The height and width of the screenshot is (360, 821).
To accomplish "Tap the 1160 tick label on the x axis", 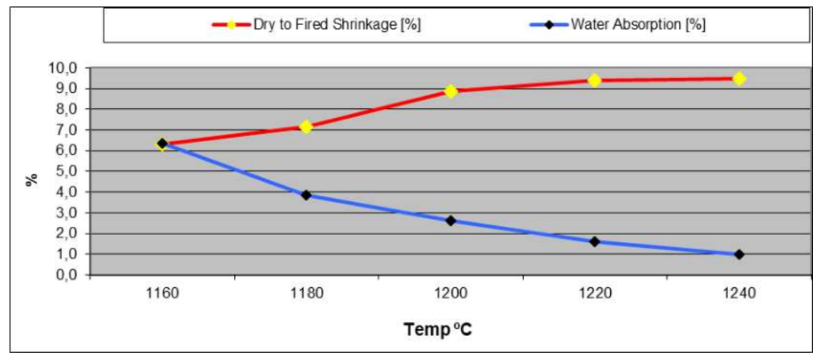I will (162, 293).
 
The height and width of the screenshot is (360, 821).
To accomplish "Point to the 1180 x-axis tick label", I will (306, 293).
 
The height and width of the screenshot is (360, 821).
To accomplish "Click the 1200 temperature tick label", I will (451, 293).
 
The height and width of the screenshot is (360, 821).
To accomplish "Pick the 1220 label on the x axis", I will (595, 293).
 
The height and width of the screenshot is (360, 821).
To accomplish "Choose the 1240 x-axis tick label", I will (738, 293).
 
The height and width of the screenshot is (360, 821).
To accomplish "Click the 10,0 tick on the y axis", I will (65, 67).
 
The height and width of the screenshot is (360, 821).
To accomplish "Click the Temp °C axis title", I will (438, 329).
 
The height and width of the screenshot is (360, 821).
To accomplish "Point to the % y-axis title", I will (32, 177).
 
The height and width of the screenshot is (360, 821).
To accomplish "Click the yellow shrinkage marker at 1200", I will (451, 91).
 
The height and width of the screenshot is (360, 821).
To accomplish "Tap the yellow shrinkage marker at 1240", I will (739, 79).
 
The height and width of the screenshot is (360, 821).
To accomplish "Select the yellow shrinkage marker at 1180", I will (306, 127).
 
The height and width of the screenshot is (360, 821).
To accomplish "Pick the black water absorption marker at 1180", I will (306, 195).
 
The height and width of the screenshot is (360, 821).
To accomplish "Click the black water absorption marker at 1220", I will (595, 241).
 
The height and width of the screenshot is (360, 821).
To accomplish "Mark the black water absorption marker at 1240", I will (739, 254).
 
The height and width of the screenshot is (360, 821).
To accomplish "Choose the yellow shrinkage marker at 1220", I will (595, 80).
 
